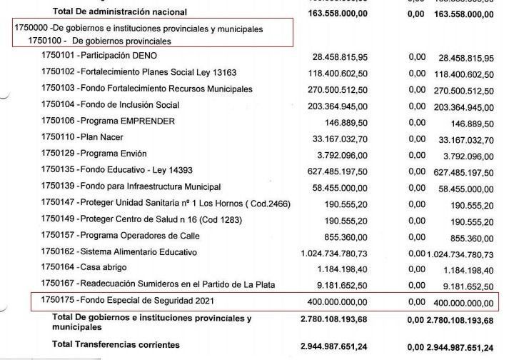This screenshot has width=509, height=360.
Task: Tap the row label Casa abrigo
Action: tap(108, 269)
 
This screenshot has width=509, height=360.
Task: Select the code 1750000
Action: tap(31, 29)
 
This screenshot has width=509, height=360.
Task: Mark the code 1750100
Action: tap(46, 41)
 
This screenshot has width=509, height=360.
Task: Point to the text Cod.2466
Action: tap(266, 204)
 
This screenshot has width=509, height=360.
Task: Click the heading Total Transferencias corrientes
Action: tap(116, 345)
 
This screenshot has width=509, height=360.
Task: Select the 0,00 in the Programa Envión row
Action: tap(417, 154)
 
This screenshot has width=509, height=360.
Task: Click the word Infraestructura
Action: tap(156, 187)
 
